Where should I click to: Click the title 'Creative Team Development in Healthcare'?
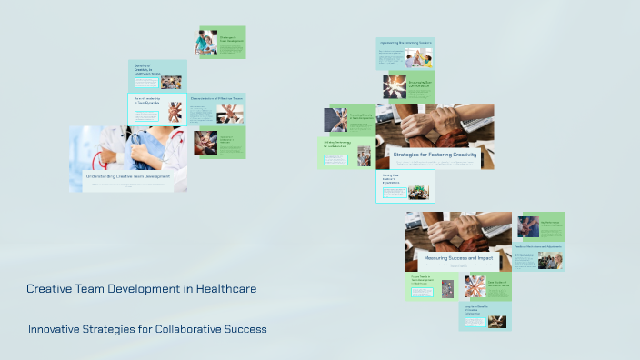pyautogui.click(x=141, y=289)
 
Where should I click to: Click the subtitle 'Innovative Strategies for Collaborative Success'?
pyautogui.click(x=147, y=328)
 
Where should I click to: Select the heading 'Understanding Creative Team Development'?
pyautogui.click(x=127, y=175)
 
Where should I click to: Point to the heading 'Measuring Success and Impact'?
pyautogui.click(x=458, y=258)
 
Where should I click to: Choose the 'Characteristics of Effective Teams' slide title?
pyautogui.click(x=216, y=98)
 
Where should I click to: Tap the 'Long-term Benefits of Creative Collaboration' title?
pyautogui.click(x=478, y=311)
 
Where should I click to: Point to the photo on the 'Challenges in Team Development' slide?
pyautogui.click(x=206, y=43)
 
